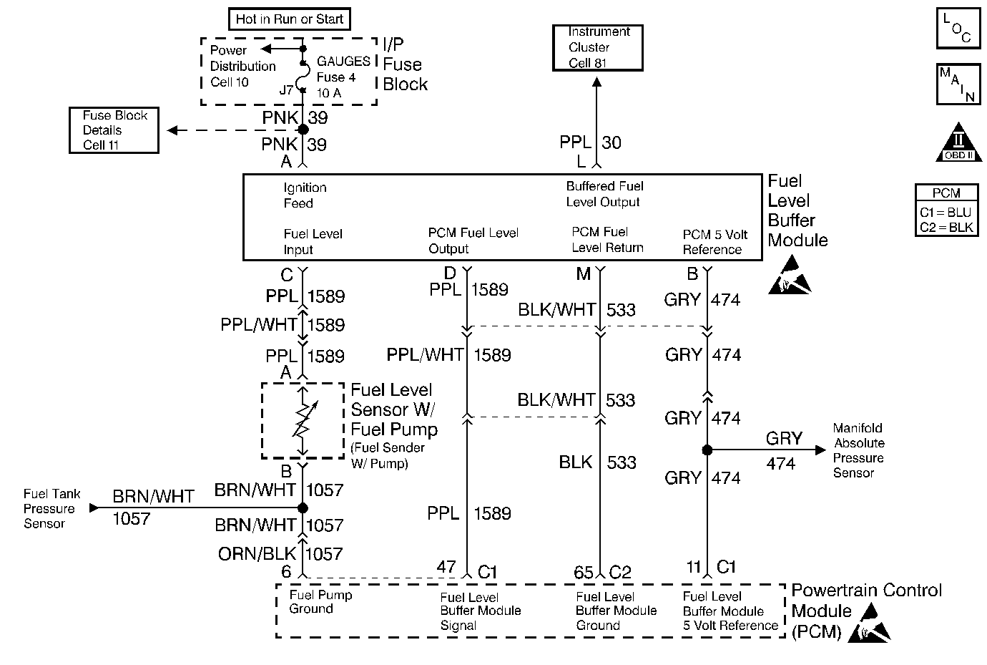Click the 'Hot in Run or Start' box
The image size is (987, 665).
[x=290, y=19]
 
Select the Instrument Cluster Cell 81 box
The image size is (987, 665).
[x=599, y=47]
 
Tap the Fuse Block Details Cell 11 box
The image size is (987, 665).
[x=114, y=130]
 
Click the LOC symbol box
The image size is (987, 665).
[x=958, y=29]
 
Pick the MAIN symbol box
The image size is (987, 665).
[x=958, y=84]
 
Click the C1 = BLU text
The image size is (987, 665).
[x=946, y=213]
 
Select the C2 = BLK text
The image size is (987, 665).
[x=946, y=228]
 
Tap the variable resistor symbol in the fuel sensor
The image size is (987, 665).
[x=303, y=421]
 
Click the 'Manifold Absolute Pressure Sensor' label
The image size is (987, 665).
[x=859, y=450]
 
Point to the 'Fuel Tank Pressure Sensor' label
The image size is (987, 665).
[x=51, y=508]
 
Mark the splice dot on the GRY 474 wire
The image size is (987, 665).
[x=707, y=450]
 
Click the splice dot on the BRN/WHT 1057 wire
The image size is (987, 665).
[x=303, y=508]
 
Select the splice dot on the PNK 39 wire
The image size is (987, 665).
[x=303, y=130]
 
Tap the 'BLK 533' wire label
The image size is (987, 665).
[x=598, y=462]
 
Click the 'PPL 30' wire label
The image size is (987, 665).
[x=591, y=142]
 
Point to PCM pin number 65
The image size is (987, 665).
[x=584, y=572]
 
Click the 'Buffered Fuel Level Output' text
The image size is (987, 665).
[x=604, y=194]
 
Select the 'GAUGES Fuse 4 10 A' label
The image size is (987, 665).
[x=343, y=77]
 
